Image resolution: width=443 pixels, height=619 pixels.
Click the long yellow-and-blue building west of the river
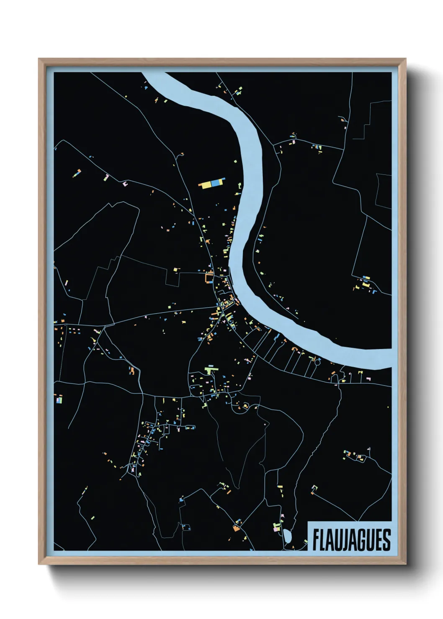pos(212,184)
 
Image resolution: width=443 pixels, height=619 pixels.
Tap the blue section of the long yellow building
pos(216,183)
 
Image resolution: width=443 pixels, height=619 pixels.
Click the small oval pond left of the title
pos(288,536)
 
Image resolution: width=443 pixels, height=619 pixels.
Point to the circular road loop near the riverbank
pos(317,362)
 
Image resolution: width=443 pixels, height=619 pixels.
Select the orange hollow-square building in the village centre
pos(209,278)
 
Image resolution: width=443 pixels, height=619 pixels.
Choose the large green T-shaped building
pos(211,370)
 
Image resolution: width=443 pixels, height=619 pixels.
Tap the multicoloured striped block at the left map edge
pos(59,399)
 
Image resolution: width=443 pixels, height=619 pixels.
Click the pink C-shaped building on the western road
pos(125,183)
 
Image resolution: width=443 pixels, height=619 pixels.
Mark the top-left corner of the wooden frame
pos(40,60)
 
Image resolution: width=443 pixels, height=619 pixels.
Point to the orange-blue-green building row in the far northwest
pos(77,173)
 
